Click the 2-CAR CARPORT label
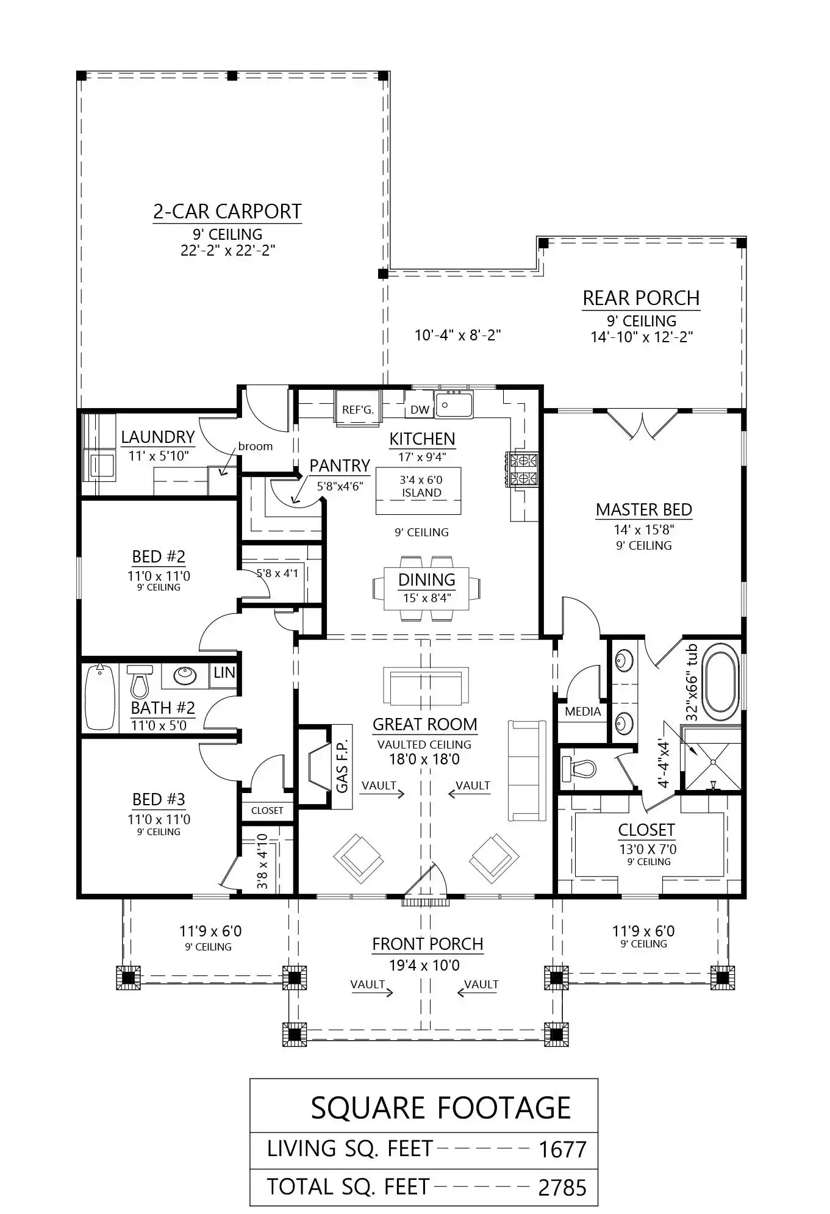point(227,212)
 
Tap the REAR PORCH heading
point(641,298)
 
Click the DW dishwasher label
point(420,410)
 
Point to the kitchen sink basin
point(454,405)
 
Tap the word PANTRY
point(340,466)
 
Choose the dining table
point(427,588)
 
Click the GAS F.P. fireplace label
point(342,766)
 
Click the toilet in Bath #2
point(140,681)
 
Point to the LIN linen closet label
point(224,672)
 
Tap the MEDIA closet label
point(583,711)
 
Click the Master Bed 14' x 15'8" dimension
point(644,530)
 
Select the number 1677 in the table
point(562,1149)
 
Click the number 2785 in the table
point(562,1187)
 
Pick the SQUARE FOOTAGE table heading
point(441,1108)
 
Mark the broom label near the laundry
point(256,446)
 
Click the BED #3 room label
point(159,799)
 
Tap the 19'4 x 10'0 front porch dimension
point(424,965)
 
